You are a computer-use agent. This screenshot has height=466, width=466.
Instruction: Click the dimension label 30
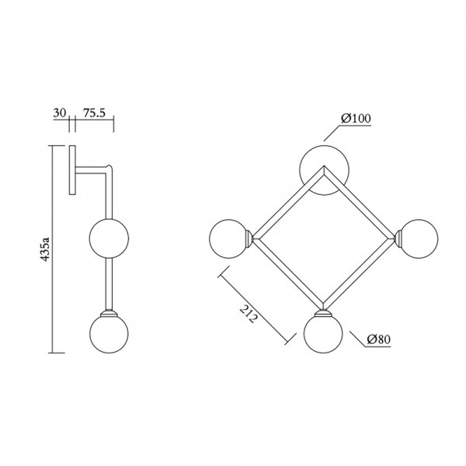60,113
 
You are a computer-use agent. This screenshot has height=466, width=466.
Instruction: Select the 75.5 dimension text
94,113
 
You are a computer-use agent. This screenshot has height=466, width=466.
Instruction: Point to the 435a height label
45,249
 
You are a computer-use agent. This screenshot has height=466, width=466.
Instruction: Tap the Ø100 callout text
356,118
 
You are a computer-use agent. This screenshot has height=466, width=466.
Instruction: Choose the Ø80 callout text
379,339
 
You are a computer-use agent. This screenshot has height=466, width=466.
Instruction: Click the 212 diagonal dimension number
248,314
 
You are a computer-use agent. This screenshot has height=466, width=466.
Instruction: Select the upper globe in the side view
109,238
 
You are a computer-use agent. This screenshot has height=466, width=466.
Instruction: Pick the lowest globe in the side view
109,334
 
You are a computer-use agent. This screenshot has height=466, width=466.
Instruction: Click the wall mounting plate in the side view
72,170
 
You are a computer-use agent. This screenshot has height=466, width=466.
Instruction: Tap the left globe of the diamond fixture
228,238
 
